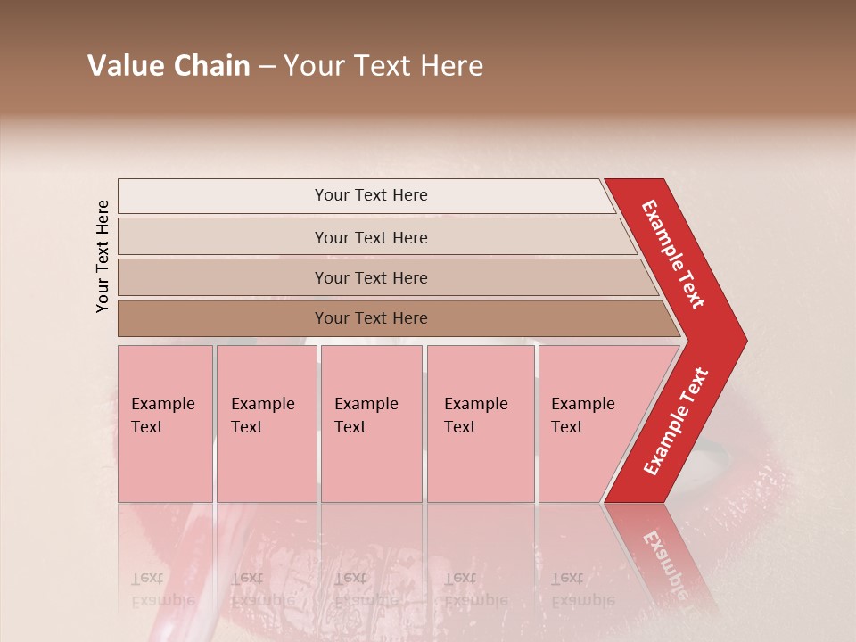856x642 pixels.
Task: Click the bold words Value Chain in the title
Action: coord(169,66)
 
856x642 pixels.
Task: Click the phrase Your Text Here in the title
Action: coord(383,66)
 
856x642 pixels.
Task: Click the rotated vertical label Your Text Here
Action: coord(103,256)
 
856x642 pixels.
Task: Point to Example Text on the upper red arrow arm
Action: coord(673,254)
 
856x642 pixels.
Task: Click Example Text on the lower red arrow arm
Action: coord(676,422)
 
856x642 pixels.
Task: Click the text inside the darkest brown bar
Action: coord(371,318)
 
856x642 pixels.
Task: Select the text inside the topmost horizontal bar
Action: coord(371,195)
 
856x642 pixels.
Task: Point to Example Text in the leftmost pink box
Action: coord(162,416)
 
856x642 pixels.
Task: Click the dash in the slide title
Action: coord(267,67)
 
